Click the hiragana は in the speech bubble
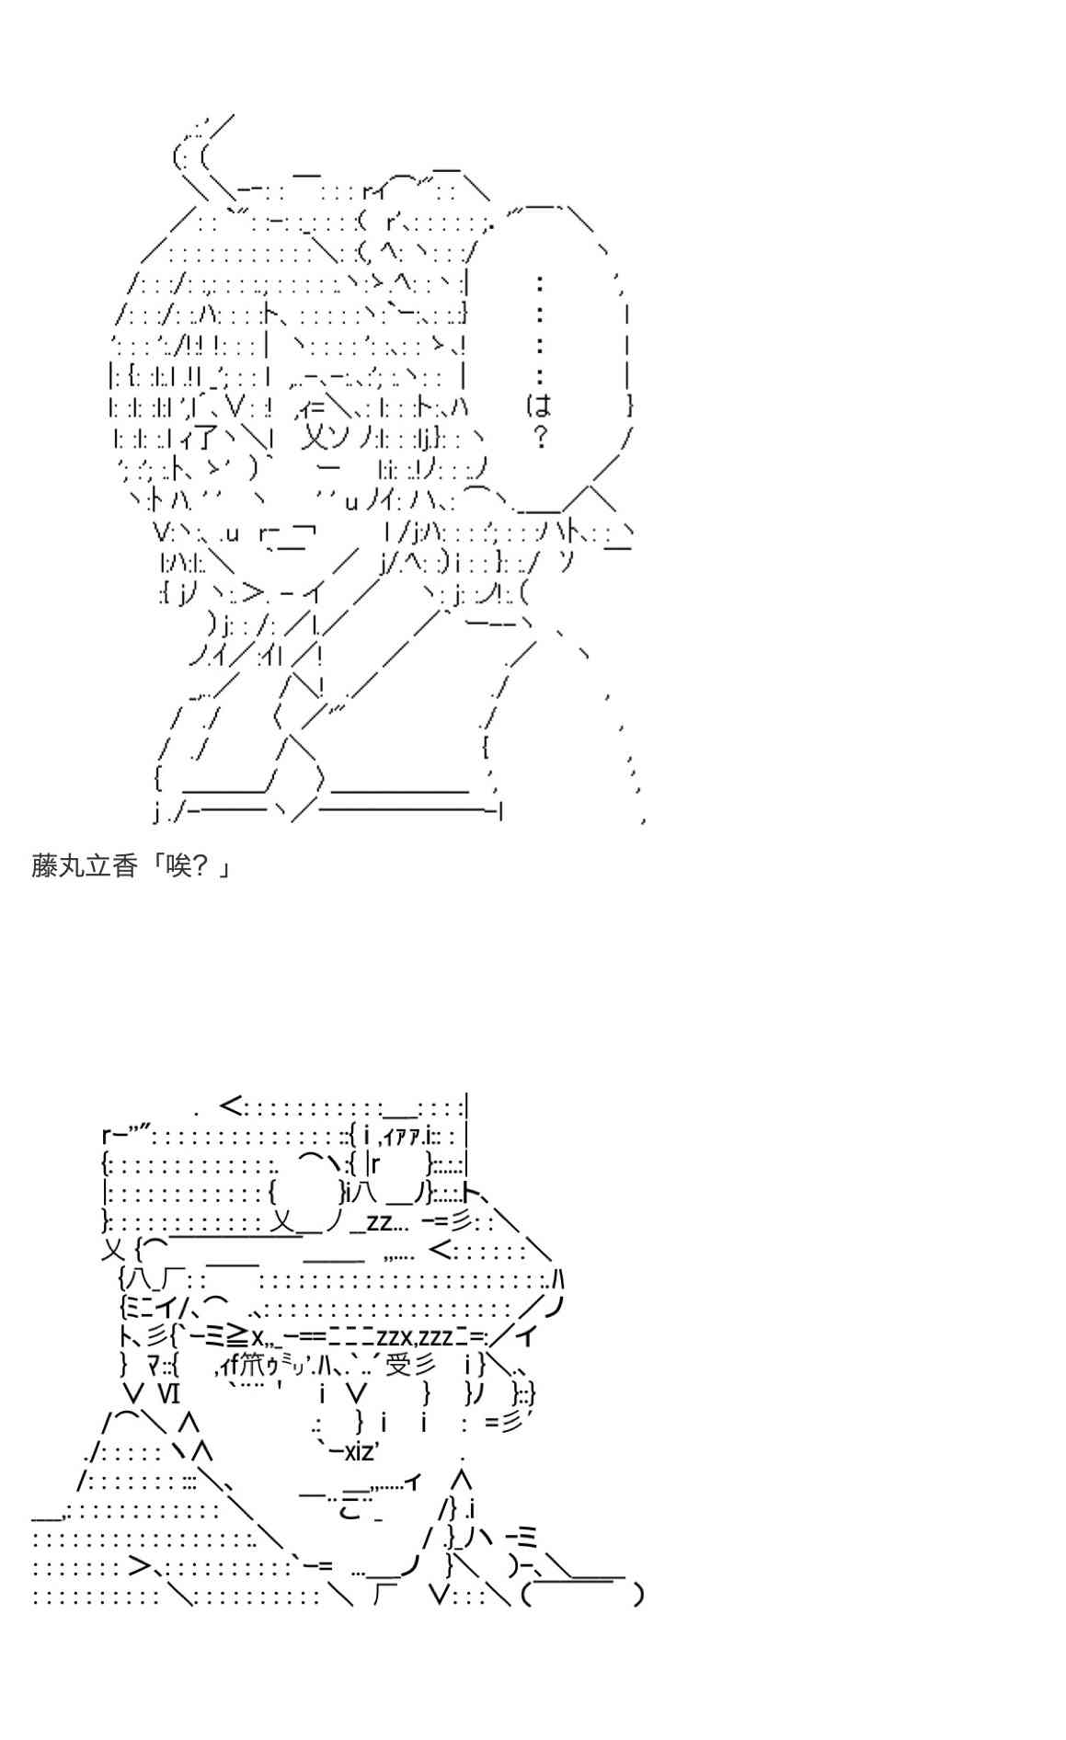click(539, 406)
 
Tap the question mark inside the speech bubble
click(540, 438)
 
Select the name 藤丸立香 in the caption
click(84, 865)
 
